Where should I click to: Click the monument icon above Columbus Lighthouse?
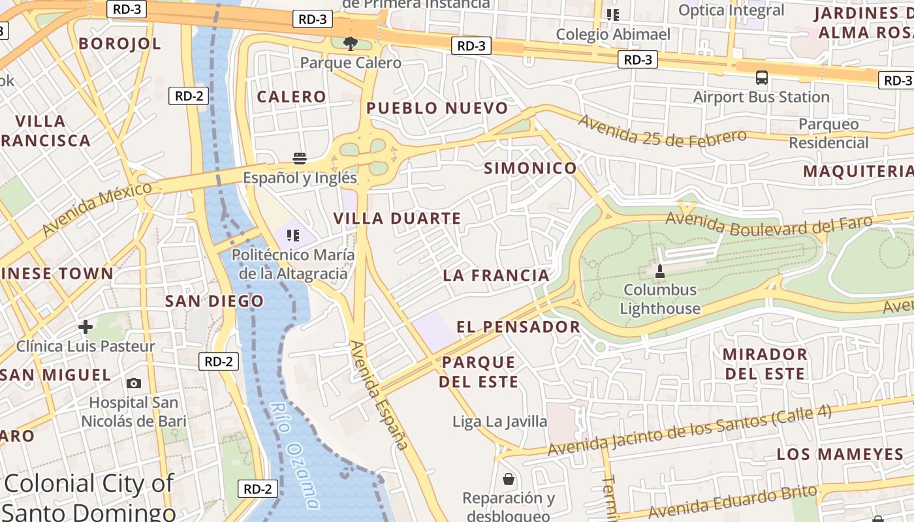(659, 271)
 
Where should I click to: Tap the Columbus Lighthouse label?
(660, 299)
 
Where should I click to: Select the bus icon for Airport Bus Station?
(761, 78)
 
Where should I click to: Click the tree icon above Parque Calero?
(351, 44)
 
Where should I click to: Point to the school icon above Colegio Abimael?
(612, 14)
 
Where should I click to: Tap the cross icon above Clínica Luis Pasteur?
(86, 326)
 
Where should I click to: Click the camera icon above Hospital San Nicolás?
(134, 383)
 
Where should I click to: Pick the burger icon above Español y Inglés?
(300, 158)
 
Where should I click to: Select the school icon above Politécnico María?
(293, 235)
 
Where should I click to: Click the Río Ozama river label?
(295, 455)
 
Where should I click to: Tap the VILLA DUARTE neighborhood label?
(398, 219)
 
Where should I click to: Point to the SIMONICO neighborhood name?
(530, 168)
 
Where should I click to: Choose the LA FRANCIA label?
(496, 275)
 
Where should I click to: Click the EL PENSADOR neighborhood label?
(518, 327)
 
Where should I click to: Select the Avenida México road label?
(97, 209)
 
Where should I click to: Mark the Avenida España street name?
(379, 395)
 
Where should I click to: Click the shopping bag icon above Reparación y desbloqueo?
(509, 480)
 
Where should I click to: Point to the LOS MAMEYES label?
(840, 454)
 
